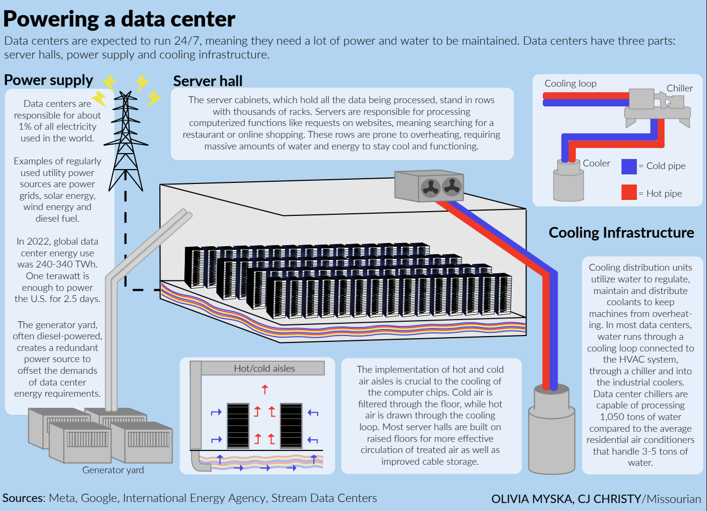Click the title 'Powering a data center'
coord(119,20)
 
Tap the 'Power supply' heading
coord(48,80)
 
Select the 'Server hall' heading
coord(208,81)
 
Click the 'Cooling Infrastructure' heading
coord(621,233)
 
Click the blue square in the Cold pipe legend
coord(629,166)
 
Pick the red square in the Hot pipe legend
coord(629,192)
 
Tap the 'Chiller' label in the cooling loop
coord(679,88)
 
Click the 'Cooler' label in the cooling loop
coord(597,163)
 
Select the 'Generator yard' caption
coord(113,470)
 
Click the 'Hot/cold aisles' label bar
coord(264,368)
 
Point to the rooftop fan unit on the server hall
coord(429,186)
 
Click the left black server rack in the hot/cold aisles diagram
coord(237,426)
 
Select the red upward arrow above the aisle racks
coord(265,389)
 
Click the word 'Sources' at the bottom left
coord(23,498)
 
